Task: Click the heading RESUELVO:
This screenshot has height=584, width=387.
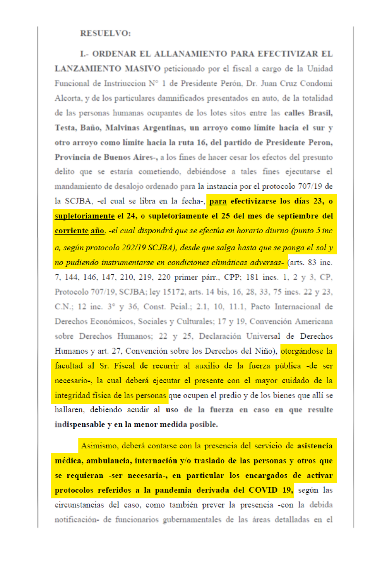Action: (x=105, y=33)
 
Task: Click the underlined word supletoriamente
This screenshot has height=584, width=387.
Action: (x=84, y=216)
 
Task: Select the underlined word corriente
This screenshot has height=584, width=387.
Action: (x=72, y=231)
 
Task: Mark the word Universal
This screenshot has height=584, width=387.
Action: (x=263, y=336)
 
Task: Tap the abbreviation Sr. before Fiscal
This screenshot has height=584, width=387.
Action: (x=104, y=366)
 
